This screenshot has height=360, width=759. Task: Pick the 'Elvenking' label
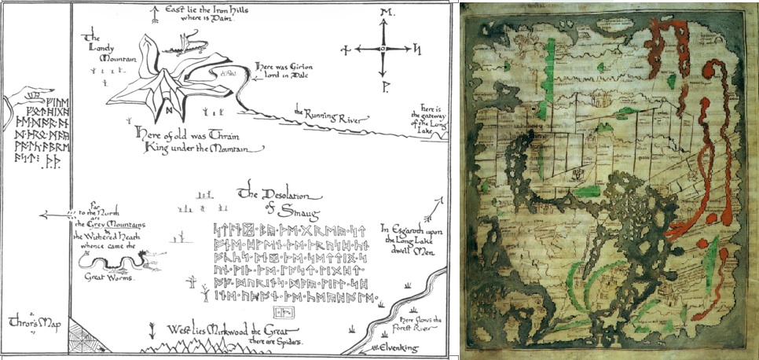click(x=404, y=347)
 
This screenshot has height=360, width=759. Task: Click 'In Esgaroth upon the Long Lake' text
click(x=412, y=237)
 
